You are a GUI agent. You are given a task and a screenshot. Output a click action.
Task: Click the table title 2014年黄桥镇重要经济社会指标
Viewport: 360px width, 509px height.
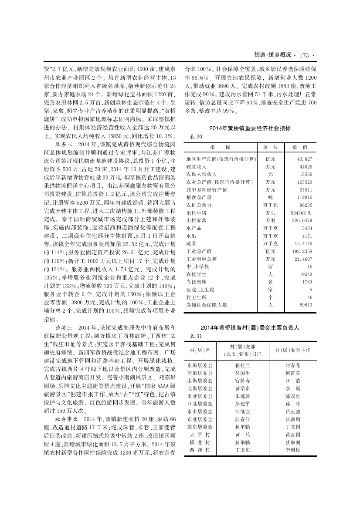pos(250,128)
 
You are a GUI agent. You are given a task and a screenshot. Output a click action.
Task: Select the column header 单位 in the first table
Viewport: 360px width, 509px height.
pos(270,148)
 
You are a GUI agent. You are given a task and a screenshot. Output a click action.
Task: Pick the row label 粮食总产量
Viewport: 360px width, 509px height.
pos(199,197)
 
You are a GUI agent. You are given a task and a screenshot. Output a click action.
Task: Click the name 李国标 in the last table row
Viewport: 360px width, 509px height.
pos(292,450)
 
